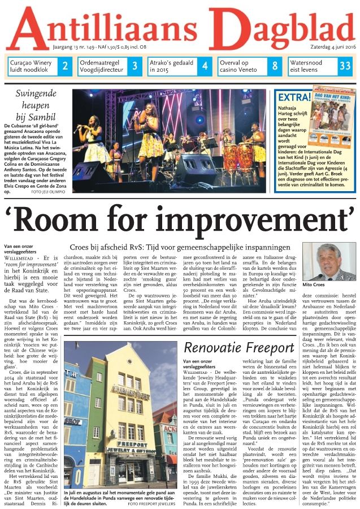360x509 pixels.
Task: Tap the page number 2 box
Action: point(65,66)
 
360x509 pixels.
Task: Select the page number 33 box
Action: point(344,66)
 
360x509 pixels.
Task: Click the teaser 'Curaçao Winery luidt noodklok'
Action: point(32,66)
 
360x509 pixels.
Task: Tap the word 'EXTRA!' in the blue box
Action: point(293,96)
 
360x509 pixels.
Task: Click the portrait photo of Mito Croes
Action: point(329,263)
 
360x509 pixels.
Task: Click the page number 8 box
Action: point(275,66)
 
